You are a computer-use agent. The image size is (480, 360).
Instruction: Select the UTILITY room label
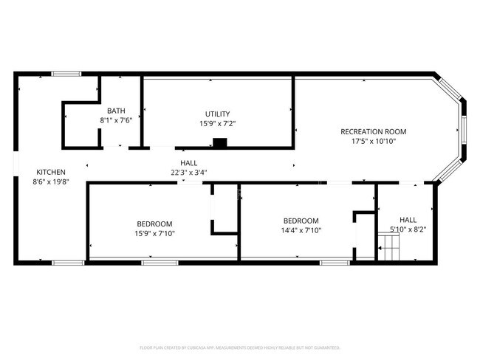[x=216, y=114]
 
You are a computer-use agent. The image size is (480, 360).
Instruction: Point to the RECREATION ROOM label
[x=373, y=132]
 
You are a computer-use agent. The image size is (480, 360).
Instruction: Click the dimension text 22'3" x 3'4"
[x=189, y=173]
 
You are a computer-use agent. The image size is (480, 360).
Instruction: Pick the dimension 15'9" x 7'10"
[x=154, y=233]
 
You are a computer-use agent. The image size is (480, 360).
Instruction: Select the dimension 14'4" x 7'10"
[x=301, y=230]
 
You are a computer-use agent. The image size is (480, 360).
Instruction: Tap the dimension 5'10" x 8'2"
[x=408, y=229]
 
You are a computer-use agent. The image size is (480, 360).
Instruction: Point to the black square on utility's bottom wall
[x=219, y=142]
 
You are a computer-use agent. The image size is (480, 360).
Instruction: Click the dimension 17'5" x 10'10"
[x=373, y=142]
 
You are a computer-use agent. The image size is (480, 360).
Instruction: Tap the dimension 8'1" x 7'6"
[x=116, y=120]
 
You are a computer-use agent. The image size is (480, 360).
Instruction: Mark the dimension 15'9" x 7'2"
[x=216, y=124]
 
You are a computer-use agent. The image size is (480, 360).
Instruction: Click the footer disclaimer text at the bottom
[x=239, y=347]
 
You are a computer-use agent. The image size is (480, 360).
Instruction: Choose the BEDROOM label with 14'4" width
[x=301, y=221]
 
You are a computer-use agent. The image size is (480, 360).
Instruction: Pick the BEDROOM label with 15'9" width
[x=154, y=224]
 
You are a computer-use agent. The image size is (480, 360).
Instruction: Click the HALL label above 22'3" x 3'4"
[x=189, y=163]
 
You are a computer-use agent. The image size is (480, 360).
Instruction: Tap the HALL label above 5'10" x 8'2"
[x=408, y=220]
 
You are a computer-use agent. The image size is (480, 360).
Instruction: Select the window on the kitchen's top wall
[x=66, y=73]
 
